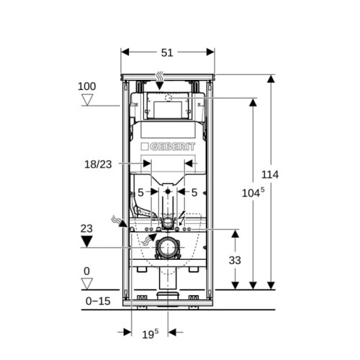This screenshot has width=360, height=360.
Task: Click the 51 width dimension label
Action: point(167,53)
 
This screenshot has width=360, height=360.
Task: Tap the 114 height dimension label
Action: point(270,174)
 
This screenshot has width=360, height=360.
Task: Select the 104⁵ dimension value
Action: point(253,192)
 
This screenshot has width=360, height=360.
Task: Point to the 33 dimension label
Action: point(235,260)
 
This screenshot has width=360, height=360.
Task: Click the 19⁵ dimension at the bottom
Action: point(150,334)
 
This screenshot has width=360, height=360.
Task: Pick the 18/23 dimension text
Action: point(98,164)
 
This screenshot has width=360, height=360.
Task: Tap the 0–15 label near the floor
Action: point(98,301)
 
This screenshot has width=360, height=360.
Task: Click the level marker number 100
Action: point(87,86)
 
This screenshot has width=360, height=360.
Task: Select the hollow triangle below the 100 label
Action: point(87,100)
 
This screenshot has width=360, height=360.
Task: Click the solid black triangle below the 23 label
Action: point(86,241)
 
